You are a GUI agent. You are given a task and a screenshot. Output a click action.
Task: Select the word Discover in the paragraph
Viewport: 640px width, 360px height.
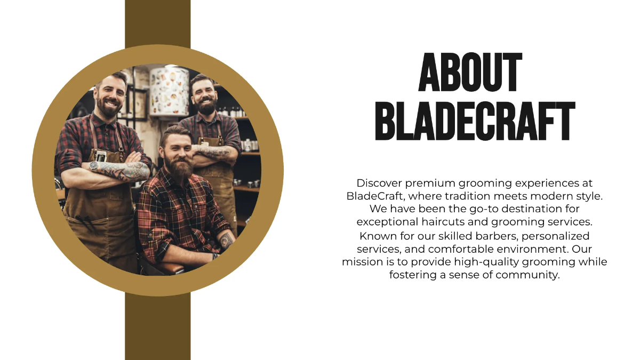tap(379, 183)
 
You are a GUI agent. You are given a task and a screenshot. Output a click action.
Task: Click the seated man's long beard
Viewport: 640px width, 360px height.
tap(178, 168)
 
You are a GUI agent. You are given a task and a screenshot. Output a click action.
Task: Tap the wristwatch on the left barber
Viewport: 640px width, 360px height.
tap(94, 166)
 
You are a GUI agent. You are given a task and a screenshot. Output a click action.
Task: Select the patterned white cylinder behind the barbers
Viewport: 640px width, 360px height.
tap(169, 91)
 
